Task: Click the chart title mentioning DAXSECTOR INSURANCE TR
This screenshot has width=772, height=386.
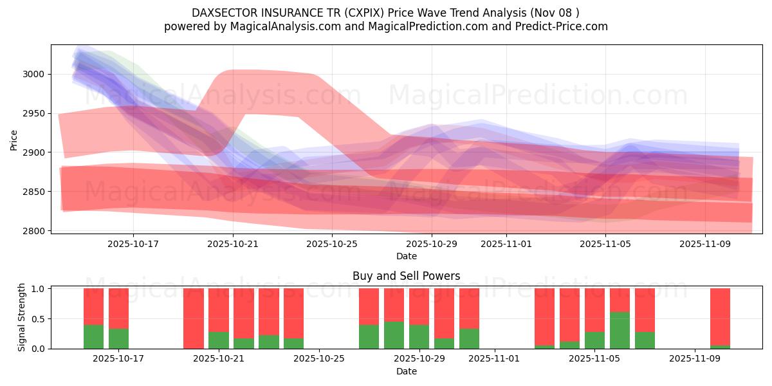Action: tap(385, 13)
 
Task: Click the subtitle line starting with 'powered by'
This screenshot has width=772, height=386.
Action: tap(385, 26)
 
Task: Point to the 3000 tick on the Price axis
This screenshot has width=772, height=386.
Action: tap(33, 74)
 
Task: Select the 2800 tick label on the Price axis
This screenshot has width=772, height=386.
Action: tap(33, 231)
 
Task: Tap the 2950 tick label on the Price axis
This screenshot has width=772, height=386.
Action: tap(33, 113)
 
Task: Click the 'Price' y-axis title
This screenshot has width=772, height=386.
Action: tap(14, 139)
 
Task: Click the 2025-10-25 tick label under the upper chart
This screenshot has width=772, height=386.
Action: tap(331, 244)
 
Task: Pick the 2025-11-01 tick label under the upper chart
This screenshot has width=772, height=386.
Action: tap(506, 244)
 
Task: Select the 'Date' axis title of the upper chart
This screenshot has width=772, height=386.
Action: tap(407, 256)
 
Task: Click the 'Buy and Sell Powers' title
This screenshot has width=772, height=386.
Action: tap(407, 276)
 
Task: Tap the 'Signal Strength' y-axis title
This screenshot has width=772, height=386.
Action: tap(21, 318)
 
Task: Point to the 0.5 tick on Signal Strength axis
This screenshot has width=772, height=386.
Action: tap(38, 318)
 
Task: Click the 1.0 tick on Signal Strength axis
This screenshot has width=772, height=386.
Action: tap(38, 289)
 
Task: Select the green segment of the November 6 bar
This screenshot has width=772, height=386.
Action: tap(620, 331)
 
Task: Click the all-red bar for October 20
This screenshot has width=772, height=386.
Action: tap(194, 318)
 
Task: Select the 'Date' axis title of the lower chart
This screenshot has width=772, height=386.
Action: tap(407, 371)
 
